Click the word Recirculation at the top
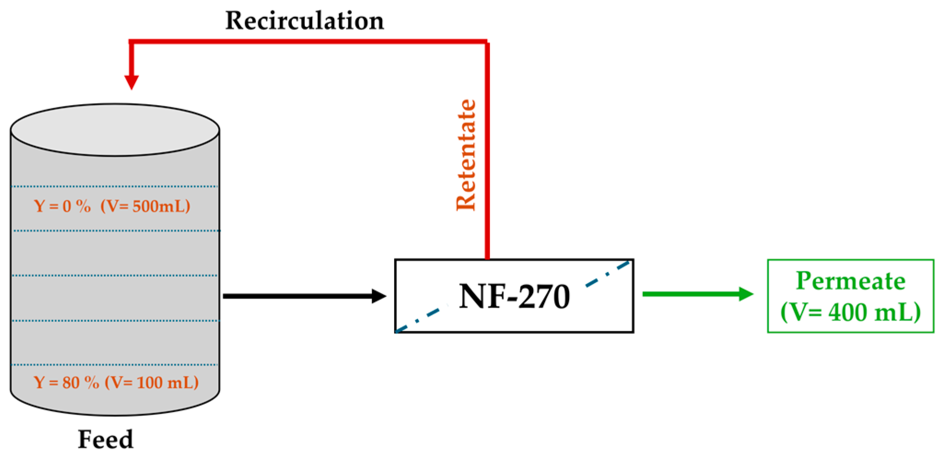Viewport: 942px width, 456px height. click(304, 21)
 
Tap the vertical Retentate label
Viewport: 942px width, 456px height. click(466, 155)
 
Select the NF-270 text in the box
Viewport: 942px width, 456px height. click(514, 297)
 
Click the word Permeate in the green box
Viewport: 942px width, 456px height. click(850, 281)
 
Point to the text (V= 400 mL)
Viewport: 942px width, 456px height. click(850, 312)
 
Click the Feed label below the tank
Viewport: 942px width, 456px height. click(105, 439)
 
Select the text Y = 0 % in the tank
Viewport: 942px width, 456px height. click(62, 206)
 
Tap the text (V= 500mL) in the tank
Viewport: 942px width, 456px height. click(145, 206)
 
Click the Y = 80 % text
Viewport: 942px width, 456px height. click(66, 382)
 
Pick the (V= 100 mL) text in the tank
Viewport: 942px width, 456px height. click(152, 382)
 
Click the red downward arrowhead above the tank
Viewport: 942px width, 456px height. click(132, 82)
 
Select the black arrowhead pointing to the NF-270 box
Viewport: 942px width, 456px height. click(378, 296)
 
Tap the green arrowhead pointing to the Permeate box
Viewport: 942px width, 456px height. click(745, 294)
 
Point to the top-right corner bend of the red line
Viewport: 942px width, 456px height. click(487, 42)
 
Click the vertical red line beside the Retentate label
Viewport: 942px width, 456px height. click(487, 152)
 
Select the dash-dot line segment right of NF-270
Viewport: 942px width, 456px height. click(608, 275)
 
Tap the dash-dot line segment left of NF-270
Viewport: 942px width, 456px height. click(421, 318)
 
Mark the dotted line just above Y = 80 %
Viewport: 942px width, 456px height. click(115, 365)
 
